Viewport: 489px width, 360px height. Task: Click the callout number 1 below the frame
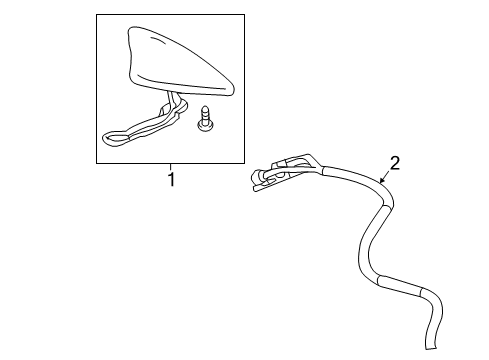[170, 180]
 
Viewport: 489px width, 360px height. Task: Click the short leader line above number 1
[170, 167]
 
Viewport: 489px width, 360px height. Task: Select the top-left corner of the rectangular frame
[96, 15]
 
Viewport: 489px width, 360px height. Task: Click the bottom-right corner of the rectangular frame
[243, 162]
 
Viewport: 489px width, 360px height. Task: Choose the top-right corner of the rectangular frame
[243, 15]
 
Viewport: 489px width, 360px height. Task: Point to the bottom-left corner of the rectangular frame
[96, 162]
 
